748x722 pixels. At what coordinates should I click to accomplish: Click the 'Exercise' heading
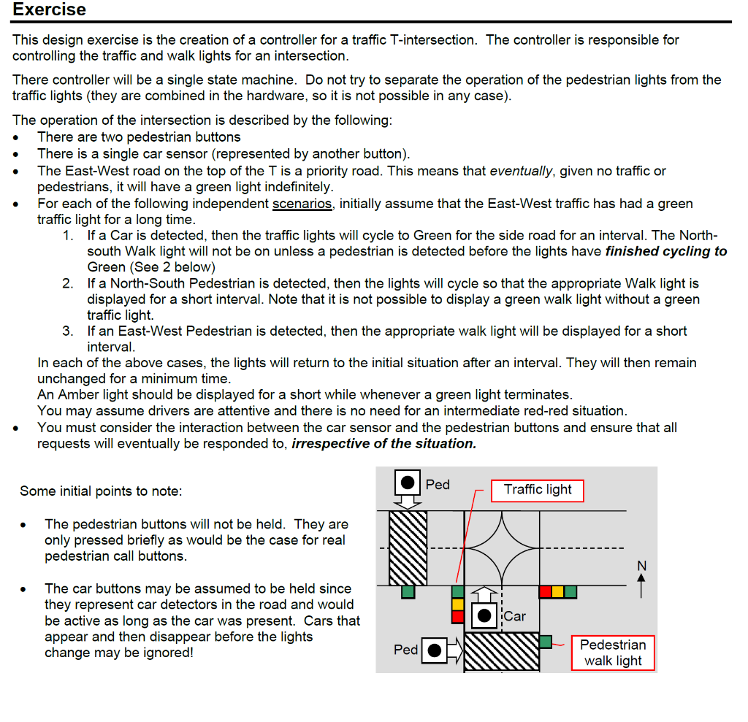pyautogui.click(x=49, y=10)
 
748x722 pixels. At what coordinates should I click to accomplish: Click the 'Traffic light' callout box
pyautogui.click(x=538, y=490)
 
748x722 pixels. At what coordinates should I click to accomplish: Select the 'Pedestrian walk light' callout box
pyautogui.click(x=612, y=653)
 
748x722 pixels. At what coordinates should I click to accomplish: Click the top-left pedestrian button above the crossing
pyautogui.click(x=408, y=482)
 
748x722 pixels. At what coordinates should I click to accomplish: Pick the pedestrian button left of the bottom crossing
pyautogui.click(x=435, y=650)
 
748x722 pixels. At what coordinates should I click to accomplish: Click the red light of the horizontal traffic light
pyautogui.click(x=545, y=592)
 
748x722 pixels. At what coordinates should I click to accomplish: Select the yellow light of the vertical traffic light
pyautogui.click(x=458, y=604)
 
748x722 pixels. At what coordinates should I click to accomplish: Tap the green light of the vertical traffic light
pyautogui.click(x=458, y=592)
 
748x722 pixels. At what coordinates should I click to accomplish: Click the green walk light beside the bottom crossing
pyautogui.click(x=546, y=642)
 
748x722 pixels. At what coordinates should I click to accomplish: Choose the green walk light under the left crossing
pyautogui.click(x=408, y=592)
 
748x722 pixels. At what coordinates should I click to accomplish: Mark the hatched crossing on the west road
pyautogui.click(x=408, y=548)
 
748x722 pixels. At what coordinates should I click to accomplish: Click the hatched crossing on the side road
pyautogui.click(x=502, y=652)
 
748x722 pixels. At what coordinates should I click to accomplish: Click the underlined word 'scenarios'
pyautogui.click(x=302, y=204)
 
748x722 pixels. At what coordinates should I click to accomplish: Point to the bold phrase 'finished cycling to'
pyautogui.click(x=666, y=251)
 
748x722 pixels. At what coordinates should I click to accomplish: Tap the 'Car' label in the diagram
pyautogui.click(x=514, y=616)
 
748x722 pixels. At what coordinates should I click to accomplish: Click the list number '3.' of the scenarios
pyautogui.click(x=68, y=331)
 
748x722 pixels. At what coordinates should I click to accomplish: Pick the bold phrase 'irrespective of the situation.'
pyautogui.click(x=383, y=443)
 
